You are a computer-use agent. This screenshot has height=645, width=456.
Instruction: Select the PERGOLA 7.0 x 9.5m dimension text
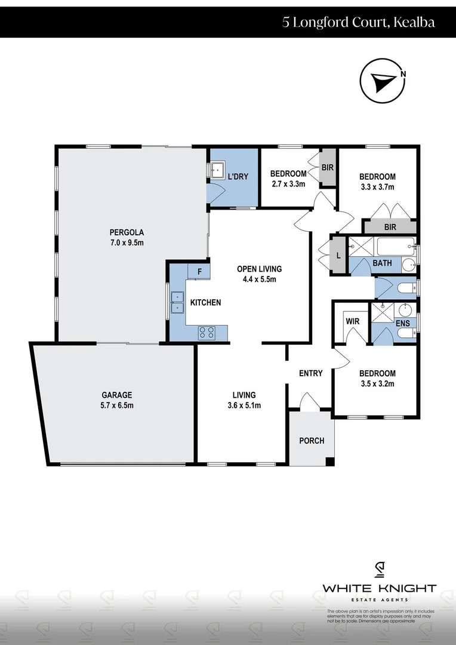coord(127,242)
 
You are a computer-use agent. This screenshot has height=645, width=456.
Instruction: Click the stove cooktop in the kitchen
coord(207,332)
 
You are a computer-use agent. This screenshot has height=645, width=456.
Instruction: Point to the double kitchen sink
coord(177,302)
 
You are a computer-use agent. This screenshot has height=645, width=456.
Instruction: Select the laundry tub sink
coord(215,170)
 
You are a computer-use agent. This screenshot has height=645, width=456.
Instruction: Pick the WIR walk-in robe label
coord(352,321)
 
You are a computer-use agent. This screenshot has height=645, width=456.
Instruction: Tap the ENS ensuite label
coord(402,323)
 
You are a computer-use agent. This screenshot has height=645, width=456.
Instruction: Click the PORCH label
coord(312,441)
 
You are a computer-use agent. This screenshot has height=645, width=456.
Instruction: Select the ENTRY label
coord(310,373)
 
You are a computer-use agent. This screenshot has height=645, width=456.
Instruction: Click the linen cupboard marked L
coord(338,256)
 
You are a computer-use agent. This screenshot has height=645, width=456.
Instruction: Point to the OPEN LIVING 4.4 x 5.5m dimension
coord(259,279)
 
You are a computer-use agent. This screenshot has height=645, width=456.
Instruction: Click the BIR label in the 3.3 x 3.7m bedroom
coord(390,227)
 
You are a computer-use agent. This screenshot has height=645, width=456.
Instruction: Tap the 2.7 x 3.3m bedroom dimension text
coord(288,184)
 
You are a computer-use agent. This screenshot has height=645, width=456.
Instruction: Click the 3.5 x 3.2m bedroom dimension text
coord(377,383)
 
